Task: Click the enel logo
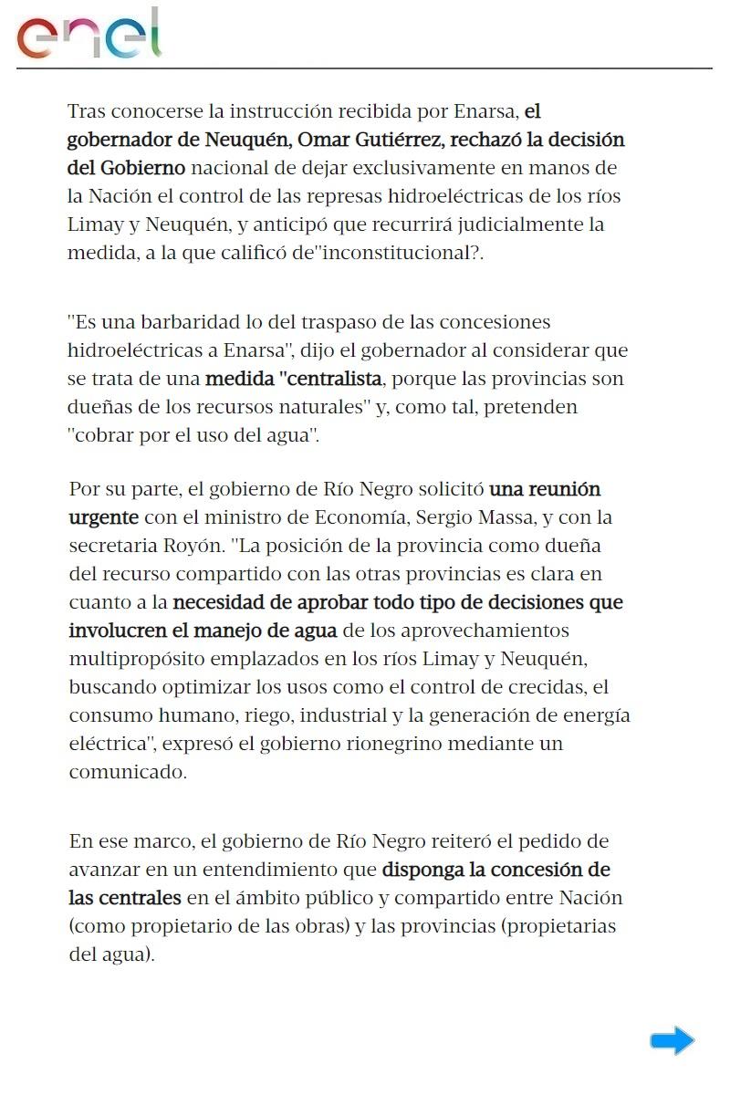pyautogui.click(x=89, y=35)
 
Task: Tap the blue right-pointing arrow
pyautogui.click(x=673, y=1040)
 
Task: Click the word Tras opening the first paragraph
pyautogui.click(x=88, y=112)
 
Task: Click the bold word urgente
pyautogui.click(x=104, y=517)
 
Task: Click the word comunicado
pyautogui.click(x=127, y=772)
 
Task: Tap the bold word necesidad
pyautogui.click(x=220, y=602)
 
